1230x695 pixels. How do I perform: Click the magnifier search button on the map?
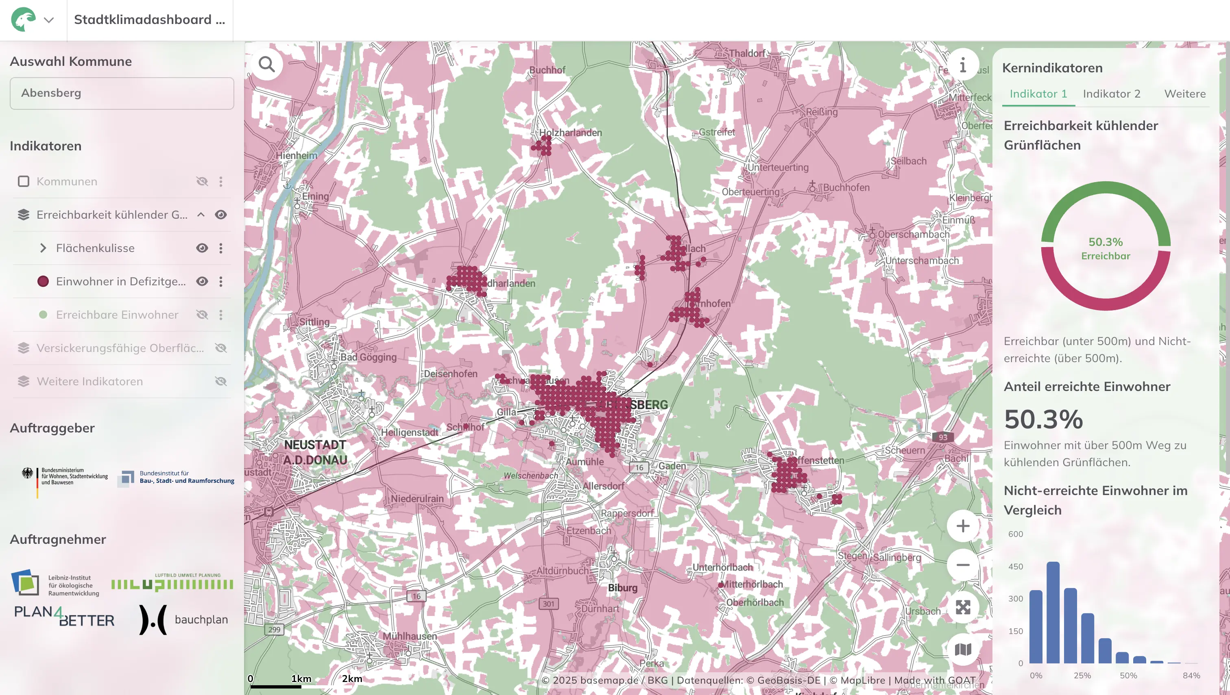pyautogui.click(x=266, y=64)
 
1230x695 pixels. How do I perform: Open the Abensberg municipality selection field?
pyautogui.click(x=122, y=93)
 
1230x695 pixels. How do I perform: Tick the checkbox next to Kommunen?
pyautogui.click(x=24, y=181)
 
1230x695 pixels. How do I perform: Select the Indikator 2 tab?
pyautogui.click(x=1111, y=93)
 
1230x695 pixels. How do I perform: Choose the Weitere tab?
pyautogui.click(x=1184, y=93)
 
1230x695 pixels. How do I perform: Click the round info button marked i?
pyautogui.click(x=962, y=65)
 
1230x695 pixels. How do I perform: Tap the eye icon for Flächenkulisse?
pyautogui.click(x=202, y=248)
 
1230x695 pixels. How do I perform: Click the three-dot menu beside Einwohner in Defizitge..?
pyautogui.click(x=221, y=281)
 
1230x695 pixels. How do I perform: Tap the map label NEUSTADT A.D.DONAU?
pyautogui.click(x=315, y=452)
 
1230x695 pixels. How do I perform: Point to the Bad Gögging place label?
pyautogui.click(x=368, y=357)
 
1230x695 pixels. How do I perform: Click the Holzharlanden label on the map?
pyautogui.click(x=570, y=132)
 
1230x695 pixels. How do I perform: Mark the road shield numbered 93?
pyautogui.click(x=942, y=437)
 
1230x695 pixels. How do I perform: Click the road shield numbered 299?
pyautogui.click(x=274, y=629)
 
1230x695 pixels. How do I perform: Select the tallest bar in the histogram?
pyautogui.click(x=1053, y=612)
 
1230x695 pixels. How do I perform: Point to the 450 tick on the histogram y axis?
pyautogui.click(x=1016, y=567)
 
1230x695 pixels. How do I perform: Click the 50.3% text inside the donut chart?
pyautogui.click(x=1105, y=242)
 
